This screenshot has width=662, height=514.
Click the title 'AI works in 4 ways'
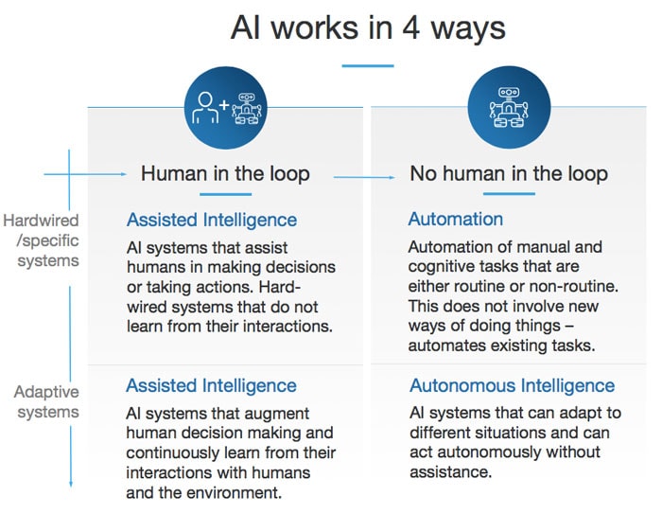(x=368, y=27)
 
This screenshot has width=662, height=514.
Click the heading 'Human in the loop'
(x=225, y=174)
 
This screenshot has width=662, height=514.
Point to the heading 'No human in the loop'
(x=509, y=174)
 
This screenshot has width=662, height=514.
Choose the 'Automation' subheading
(x=456, y=219)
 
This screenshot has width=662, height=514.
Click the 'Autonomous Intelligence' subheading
(x=512, y=386)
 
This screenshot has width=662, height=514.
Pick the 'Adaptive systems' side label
(x=45, y=402)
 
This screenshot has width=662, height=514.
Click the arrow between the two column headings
(x=365, y=177)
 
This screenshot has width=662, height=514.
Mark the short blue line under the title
(x=367, y=66)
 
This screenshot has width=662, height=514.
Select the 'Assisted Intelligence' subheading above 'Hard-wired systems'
(x=212, y=220)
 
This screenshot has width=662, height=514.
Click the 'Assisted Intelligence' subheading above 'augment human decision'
(x=212, y=386)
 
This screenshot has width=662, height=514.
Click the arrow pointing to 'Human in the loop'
(x=99, y=174)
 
